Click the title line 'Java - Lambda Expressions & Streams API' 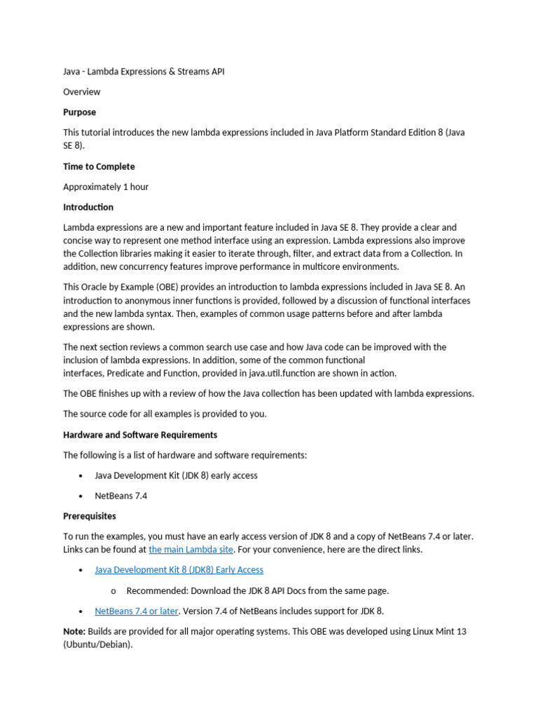(x=144, y=72)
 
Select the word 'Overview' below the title (x=82, y=92)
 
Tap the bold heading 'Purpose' (x=79, y=112)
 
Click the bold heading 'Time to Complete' (x=99, y=167)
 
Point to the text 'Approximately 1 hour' (x=106, y=187)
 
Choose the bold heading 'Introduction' (x=88, y=208)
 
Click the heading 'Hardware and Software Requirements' (x=140, y=435)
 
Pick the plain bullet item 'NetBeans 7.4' (x=121, y=496)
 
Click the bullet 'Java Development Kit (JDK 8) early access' (x=176, y=475)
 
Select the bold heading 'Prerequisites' (x=90, y=516)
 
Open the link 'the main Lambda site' (x=191, y=550)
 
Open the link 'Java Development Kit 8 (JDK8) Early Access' (x=179, y=570)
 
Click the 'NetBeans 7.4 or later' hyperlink (x=137, y=611)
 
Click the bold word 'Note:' (x=74, y=632)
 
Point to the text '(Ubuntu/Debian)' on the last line (x=97, y=644)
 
